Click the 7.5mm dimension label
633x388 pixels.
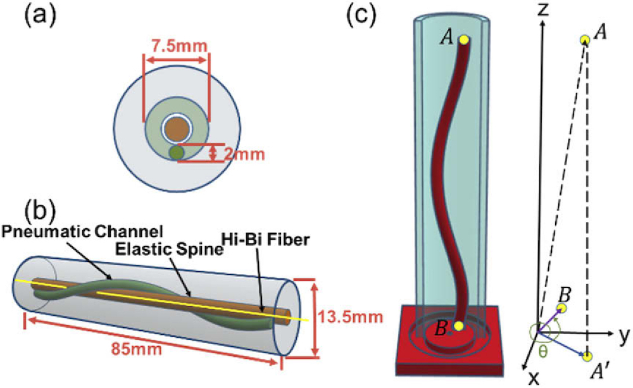(176, 46)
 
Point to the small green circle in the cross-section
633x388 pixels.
(176, 152)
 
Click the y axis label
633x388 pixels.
(624, 336)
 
